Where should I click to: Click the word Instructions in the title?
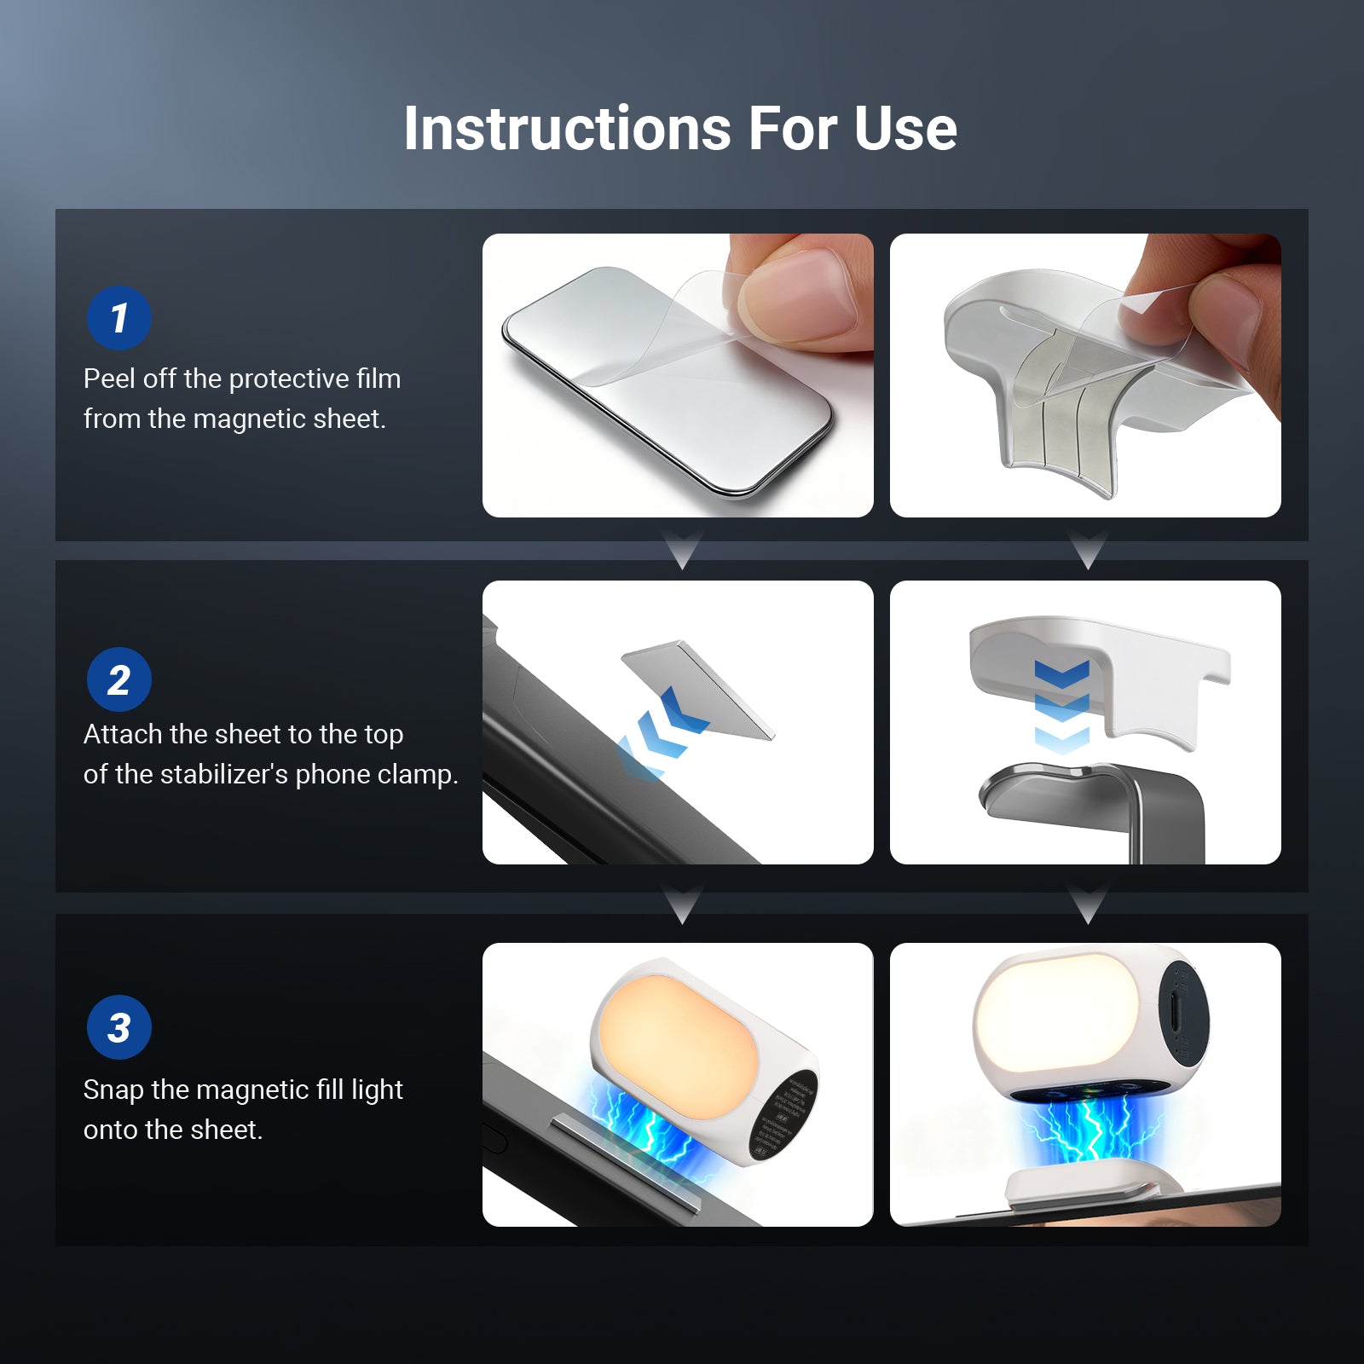tap(567, 130)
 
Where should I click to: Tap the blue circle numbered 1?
tap(119, 318)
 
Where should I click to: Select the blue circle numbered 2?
tap(119, 679)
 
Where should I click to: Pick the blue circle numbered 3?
tap(119, 1027)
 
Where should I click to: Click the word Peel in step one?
tap(108, 379)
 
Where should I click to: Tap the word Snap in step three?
tap(113, 1089)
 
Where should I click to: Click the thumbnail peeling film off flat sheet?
tap(678, 375)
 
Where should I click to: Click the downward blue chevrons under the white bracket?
tap(1061, 706)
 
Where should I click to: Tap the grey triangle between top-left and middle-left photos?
tap(682, 550)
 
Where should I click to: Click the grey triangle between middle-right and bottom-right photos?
tap(1088, 905)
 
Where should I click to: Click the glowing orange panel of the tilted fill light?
tap(678, 1044)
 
